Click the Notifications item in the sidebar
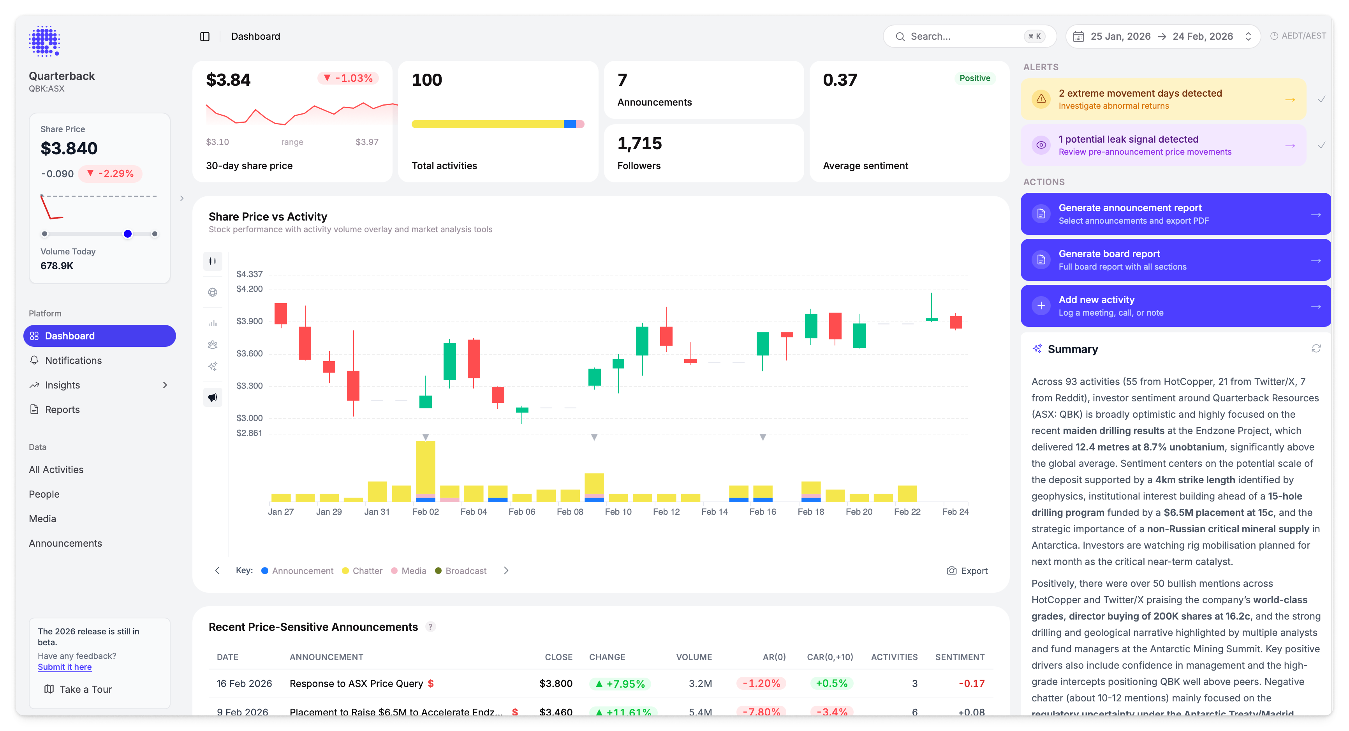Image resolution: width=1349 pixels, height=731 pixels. pyautogui.click(x=73, y=360)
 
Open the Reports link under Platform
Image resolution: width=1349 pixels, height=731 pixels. pyautogui.click(x=62, y=410)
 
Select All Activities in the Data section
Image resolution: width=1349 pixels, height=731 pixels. pyautogui.click(x=56, y=470)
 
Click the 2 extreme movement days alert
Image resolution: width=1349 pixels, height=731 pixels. pyautogui.click(x=1162, y=99)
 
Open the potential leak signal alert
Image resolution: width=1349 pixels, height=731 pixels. pyautogui.click(x=1162, y=145)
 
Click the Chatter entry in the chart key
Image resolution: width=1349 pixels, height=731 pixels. pyautogui.click(x=366, y=570)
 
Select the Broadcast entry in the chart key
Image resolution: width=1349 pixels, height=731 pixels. pyautogui.click(x=465, y=570)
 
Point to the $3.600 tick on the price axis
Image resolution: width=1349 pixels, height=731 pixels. pyautogui.click(x=249, y=354)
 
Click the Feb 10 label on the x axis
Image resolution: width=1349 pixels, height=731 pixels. pyautogui.click(x=618, y=512)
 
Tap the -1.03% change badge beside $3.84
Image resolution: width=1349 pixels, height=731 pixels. pyautogui.click(x=348, y=78)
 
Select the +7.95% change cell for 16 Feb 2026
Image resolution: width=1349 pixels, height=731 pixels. pyautogui.click(x=620, y=684)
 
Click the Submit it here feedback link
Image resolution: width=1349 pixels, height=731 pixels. pyautogui.click(x=64, y=667)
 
